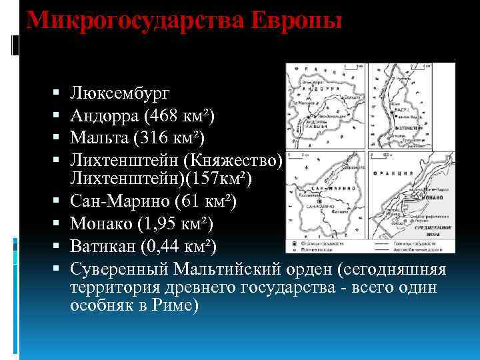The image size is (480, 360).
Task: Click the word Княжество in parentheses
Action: pos(233,161)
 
